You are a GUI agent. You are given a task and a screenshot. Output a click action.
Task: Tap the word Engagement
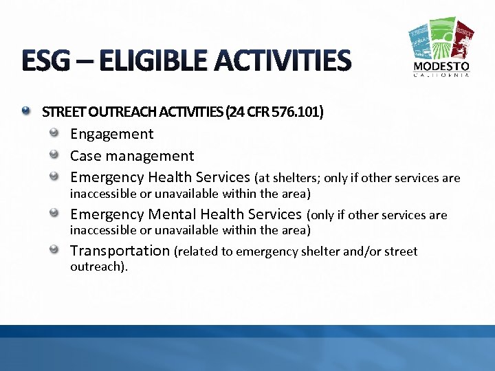[x=112, y=134]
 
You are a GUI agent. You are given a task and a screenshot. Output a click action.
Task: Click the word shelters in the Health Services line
[x=295, y=179]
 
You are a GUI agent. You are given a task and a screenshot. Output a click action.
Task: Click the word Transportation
[x=120, y=251]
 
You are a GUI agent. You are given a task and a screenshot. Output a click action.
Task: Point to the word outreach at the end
[x=97, y=266]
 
